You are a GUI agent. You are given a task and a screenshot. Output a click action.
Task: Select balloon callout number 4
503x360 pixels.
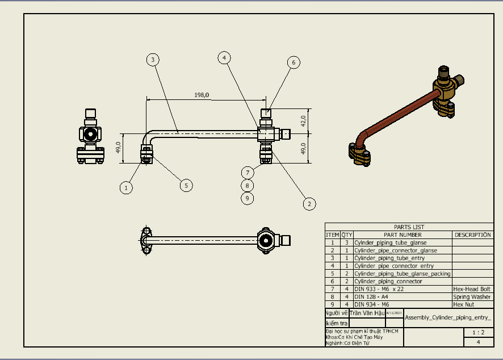point(225,57)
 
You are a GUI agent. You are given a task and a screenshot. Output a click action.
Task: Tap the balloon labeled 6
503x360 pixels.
point(293,62)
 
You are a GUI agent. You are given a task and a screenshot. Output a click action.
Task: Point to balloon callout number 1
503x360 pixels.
point(127,187)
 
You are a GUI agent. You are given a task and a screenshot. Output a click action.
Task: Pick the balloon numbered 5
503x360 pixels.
point(185,185)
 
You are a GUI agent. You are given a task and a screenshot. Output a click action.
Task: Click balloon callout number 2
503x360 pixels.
point(309,203)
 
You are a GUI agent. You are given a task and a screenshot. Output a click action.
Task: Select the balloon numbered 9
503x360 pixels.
point(247,198)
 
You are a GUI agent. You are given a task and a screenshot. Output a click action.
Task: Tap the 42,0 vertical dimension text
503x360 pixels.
point(303,120)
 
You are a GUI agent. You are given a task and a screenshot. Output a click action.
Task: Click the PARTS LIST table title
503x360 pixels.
point(409,227)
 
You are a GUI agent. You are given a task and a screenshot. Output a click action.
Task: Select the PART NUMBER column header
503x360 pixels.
point(403,235)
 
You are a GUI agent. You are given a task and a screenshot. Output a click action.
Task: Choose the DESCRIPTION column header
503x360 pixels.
point(472,235)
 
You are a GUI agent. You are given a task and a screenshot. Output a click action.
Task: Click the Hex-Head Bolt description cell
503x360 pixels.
point(472,289)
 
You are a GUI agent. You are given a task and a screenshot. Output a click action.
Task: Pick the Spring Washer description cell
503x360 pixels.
point(472,297)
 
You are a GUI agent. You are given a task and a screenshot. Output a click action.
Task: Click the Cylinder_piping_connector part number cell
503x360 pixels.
point(388,281)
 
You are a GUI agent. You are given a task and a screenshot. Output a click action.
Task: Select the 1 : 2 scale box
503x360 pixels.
point(478,333)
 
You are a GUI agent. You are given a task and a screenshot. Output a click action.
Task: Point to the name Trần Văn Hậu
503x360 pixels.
point(367,313)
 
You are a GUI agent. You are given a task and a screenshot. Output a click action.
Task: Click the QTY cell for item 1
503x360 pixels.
point(346,242)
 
